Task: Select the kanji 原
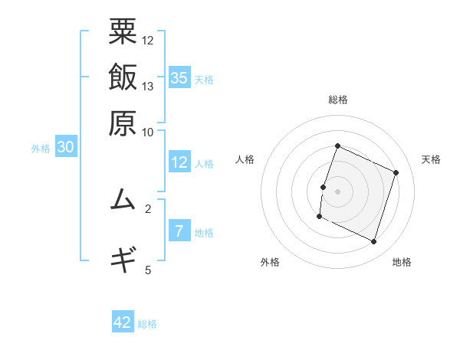pyautogui.click(x=123, y=123)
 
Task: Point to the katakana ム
pyautogui.click(x=123, y=200)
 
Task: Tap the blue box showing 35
pyautogui.click(x=179, y=77)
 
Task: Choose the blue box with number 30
pyautogui.click(x=65, y=148)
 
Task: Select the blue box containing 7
pyautogui.click(x=179, y=232)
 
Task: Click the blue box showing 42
pyautogui.click(x=123, y=322)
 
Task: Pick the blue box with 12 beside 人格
pyautogui.click(x=179, y=162)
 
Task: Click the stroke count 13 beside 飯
pyautogui.click(x=148, y=86)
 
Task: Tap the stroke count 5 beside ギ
pyautogui.click(x=148, y=269)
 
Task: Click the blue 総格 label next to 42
pyautogui.click(x=147, y=324)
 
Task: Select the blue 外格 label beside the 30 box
pyautogui.click(x=40, y=149)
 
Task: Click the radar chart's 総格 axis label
pyautogui.click(x=337, y=100)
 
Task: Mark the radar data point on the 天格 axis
pyautogui.click(x=396, y=172)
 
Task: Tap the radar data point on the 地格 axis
pyautogui.click(x=374, y=242)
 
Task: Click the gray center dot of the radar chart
pyautogui.click(x=337, y=191)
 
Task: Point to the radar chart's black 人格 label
pyautogui.click(x=245, y=159)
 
